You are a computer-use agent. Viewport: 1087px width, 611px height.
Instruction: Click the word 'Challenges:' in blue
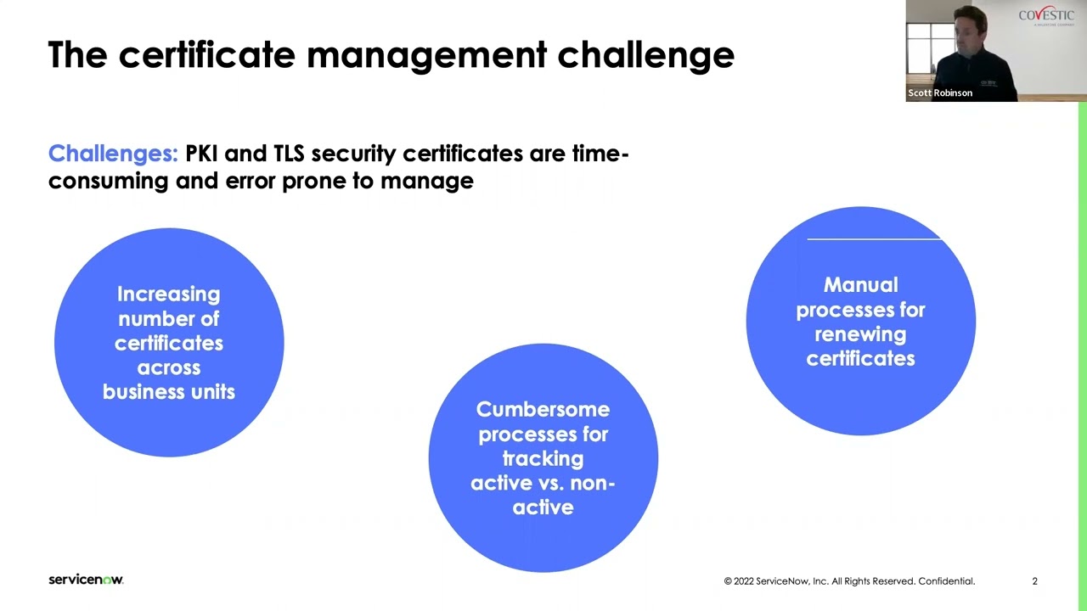point(113,154)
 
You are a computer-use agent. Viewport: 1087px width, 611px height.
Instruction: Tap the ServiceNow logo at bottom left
point(86,580)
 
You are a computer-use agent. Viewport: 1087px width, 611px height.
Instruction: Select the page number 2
point(1034,581)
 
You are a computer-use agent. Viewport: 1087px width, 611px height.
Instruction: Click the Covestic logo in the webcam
point(1046,16)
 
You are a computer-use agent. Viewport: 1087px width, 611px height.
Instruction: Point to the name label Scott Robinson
point(940,92)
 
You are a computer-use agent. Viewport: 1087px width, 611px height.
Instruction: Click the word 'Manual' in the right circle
point(860,285)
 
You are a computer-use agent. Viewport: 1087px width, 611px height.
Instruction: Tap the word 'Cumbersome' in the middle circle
point(543,410)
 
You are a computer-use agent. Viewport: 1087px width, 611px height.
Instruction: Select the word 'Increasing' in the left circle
point(168,294)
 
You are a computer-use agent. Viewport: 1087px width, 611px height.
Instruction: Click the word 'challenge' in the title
point(645,55)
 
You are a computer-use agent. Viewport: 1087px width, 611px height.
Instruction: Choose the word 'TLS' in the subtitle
point(288,154)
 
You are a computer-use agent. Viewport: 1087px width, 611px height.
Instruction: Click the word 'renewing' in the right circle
point(860,334)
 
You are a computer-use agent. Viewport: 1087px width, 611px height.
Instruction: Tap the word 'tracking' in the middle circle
point(543,459)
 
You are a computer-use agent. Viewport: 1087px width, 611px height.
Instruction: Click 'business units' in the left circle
point(168,392)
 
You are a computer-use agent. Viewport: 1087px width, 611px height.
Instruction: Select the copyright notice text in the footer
point(849,581)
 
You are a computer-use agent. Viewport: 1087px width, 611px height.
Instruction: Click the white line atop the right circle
point(874,239)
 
